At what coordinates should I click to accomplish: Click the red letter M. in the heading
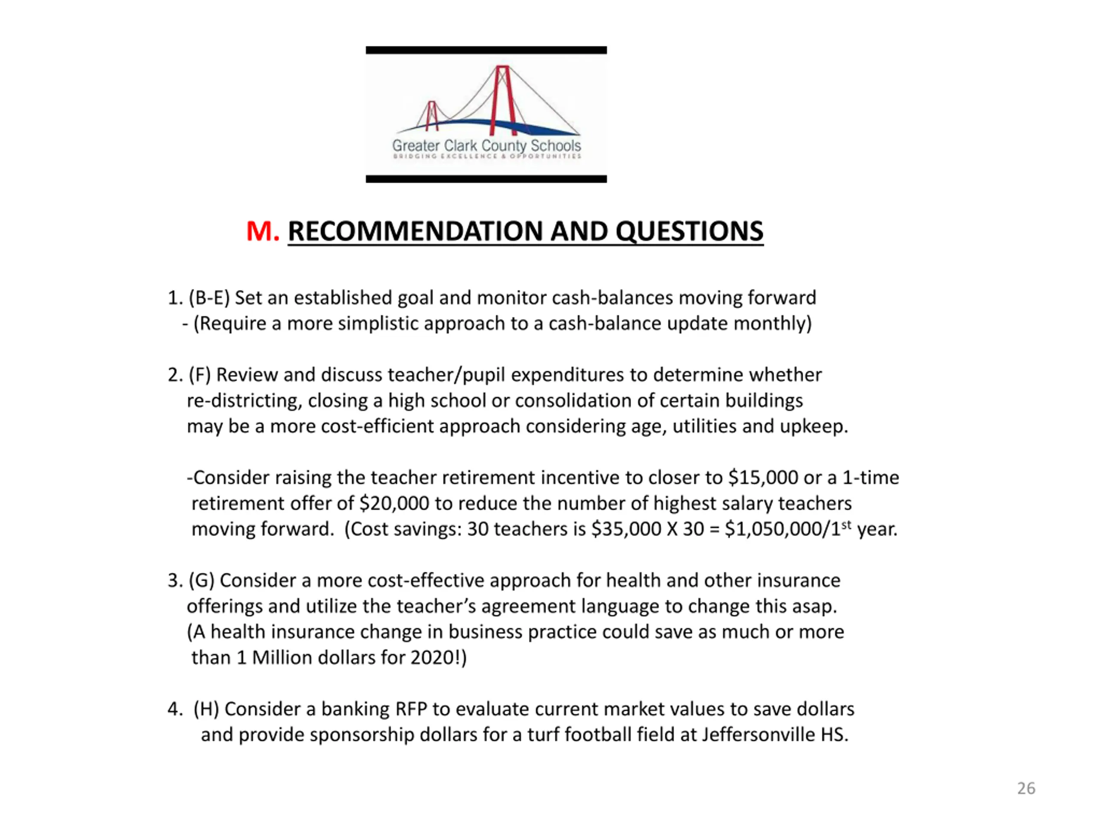(x=263, y=231)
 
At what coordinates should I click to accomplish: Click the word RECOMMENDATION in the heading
(x=415, y=231)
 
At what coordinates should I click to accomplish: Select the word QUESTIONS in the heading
(x=689, y=231)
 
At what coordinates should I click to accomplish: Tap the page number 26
(x=1026, y=788)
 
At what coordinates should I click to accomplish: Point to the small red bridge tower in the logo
(x=432, y=115)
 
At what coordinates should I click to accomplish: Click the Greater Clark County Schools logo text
(x=486, y=146)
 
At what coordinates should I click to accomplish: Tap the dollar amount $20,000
(x=394, y=503)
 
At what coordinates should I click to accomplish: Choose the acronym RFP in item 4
(x=411, y=709)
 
